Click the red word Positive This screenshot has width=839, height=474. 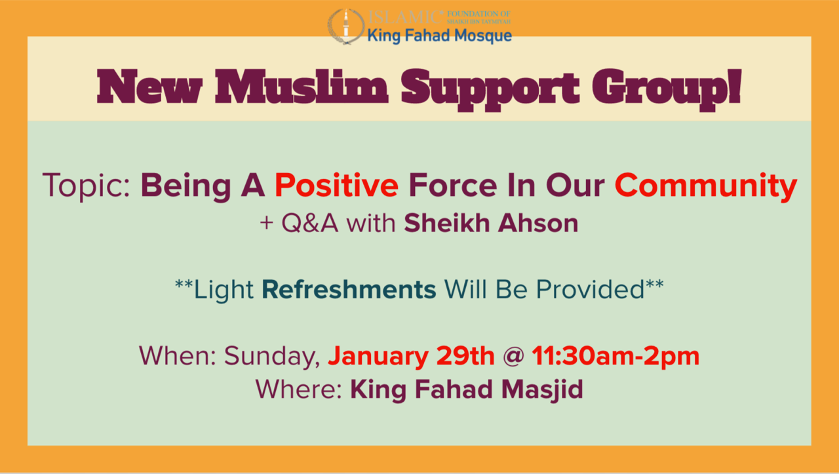pos(336,186)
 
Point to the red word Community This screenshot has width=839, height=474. pos(706,186)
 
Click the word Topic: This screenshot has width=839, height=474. pos(88,186)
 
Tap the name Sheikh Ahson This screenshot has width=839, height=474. pos(491,224)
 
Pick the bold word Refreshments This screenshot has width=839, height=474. pos(349,288)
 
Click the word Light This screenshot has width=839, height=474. pos(224,288)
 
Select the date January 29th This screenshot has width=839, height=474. pos(411,356)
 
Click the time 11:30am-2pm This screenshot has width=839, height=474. pos(615,356)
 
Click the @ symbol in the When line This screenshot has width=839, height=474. pos(513,356)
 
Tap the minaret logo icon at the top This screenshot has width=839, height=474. pos(345,26)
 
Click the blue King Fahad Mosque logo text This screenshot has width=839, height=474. pos(439,35)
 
